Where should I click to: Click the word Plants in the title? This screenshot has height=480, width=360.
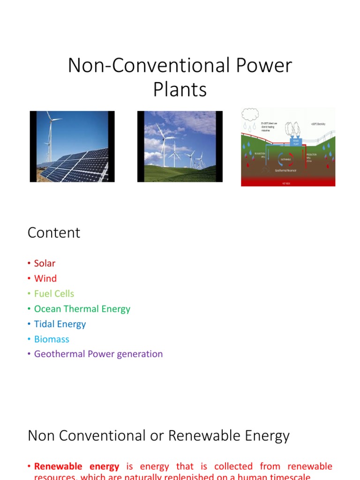[x=180, y=89]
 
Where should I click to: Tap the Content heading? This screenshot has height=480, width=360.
[x=54, y=233]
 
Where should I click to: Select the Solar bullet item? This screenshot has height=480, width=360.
[x=45, y=263]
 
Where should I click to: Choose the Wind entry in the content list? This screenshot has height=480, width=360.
[x=45, y=278]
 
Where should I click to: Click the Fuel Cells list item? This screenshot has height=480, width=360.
[x=54, y=293]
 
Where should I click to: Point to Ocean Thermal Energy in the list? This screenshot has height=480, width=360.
[x=82, y=309]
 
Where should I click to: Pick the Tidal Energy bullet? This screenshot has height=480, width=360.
[x=60, y=324]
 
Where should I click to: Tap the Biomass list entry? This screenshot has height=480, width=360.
[x=52, y=339]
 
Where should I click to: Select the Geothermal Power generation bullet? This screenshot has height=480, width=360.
[x=98, y=354]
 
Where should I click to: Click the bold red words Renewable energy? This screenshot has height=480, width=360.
[x=77, y=466]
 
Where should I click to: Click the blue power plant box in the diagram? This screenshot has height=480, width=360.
[x=296, y=141]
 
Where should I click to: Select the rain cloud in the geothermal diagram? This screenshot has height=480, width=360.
[x=250, y=114]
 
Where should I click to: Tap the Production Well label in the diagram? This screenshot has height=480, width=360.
[x=312, y=156]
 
